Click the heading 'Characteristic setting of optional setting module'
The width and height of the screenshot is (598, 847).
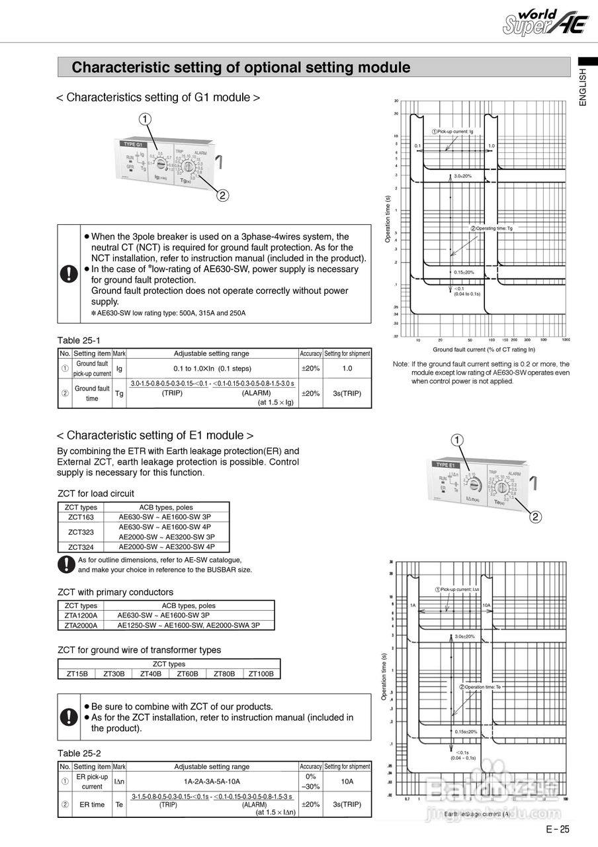(241, 67)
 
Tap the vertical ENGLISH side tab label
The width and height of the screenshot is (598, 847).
(582, 86)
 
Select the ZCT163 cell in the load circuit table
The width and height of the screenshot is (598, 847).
(81, 517)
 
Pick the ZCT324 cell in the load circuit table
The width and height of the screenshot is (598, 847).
(81, 547)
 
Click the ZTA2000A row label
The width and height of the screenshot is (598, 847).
(81, 625)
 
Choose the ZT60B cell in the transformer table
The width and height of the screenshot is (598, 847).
(188, 674)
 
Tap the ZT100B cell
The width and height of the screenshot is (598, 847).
(261, 674)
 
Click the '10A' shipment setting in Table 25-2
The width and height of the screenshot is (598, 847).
(347, 781)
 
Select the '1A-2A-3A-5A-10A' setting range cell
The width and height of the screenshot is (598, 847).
(212, 781)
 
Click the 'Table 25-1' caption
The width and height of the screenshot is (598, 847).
(79, 340)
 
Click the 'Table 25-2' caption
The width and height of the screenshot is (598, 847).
(79, 753)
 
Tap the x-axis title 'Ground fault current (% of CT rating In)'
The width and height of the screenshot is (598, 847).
(484, 349)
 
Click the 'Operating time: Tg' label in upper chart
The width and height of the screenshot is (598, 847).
(491, 228)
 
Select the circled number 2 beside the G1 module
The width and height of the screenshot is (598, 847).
(223, 195)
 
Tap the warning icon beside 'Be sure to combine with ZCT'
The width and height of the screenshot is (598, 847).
(68, 717)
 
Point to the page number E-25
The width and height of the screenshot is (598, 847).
(557, 830)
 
